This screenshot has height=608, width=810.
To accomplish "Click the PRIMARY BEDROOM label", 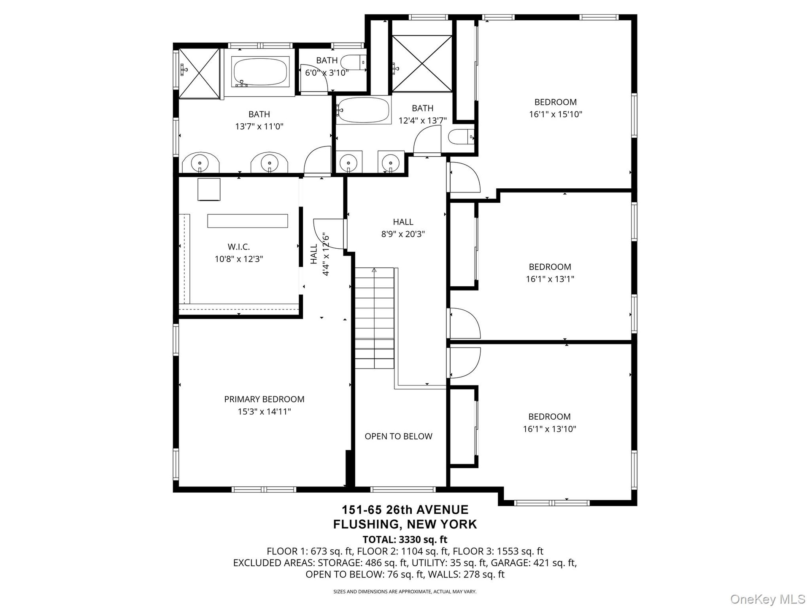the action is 264,399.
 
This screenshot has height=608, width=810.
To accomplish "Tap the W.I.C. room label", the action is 239,247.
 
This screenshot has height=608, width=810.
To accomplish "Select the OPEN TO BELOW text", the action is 398,436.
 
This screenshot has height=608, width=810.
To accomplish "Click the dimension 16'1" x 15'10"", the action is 556,114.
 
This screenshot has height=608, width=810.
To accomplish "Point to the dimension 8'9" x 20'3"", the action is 403,234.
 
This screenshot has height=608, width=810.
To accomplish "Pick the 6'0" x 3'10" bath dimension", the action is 327,73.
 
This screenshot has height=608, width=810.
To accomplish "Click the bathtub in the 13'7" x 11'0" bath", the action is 260,71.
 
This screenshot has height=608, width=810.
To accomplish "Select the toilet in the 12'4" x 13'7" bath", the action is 461,137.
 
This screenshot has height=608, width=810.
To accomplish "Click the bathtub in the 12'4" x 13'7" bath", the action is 363,110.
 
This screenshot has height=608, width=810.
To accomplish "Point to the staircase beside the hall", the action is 374,318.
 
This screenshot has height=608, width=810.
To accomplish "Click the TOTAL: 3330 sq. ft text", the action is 405,539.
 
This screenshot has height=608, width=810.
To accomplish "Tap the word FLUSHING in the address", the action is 366,524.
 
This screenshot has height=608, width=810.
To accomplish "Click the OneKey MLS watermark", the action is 768,599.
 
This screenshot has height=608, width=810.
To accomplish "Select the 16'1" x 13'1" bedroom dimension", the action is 550,279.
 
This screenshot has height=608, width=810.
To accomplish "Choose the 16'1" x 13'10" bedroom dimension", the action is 549,429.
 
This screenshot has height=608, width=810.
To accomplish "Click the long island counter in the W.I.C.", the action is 248,221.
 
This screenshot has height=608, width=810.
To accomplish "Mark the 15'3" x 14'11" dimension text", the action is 264,411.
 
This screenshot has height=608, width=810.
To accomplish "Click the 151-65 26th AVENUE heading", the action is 405,510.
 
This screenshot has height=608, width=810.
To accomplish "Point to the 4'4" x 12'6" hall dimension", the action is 325,254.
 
